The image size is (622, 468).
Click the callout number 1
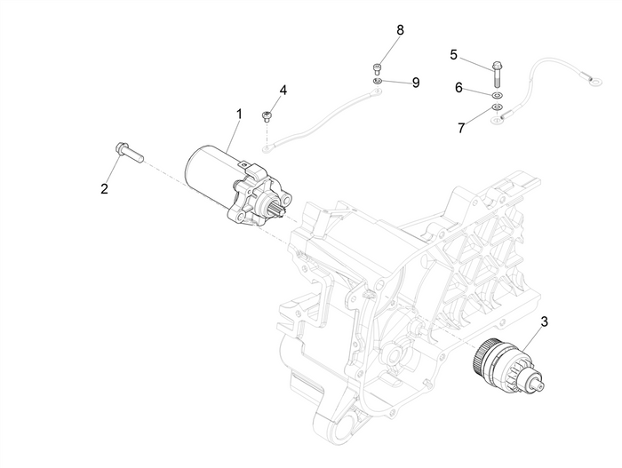[x=238, y=115]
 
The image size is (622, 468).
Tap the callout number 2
[x=104, y=188]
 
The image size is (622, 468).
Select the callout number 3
[x=544, y=321]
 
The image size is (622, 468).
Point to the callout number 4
[x=283, y=91]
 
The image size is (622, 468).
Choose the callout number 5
[x=454, y=55]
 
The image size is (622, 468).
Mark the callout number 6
[x=459, y=88]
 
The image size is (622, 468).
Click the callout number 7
[x=460, y=128]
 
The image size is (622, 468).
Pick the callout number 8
[x=400, y=30]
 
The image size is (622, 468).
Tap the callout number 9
[x=415, y=83]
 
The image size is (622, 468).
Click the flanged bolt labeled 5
[x=496, y=67]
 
